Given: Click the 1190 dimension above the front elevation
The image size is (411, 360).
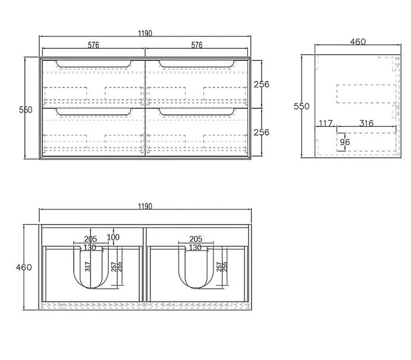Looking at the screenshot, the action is tap(145, 33).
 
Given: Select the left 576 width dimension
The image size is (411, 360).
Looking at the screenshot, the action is tap(93, 45).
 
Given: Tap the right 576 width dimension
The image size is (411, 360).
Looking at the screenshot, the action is tap(197, 45).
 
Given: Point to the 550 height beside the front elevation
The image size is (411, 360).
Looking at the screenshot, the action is tap(26, 109).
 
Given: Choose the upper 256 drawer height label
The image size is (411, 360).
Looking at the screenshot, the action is tap(261, 84).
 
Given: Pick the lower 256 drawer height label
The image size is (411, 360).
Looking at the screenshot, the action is tap(261, 132).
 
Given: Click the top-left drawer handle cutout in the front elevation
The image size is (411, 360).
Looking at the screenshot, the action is tap(93, 64).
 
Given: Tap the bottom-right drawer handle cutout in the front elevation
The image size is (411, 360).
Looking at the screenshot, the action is tap(197, 112).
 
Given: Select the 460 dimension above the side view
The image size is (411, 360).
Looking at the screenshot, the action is tap(358, 42).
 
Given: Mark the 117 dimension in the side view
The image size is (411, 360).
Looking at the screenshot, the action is tap(325, 123).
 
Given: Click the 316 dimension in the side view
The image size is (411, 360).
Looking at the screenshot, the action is tap(366, 123).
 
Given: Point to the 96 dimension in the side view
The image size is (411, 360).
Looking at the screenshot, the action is tap(345, 142).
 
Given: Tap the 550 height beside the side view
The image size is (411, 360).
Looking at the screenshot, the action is tap(302, 106).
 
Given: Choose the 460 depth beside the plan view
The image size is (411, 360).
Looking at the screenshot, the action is tap(24, 267).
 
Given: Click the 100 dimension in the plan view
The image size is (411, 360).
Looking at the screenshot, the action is tap(113, 237).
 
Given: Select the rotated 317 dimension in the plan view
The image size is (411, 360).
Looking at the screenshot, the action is tap(87, 267).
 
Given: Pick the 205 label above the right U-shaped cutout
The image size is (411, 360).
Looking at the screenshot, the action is tap(196, 239).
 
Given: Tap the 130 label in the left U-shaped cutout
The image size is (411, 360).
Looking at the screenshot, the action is tap(90, 248).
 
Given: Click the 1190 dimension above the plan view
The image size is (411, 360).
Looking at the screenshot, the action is tap(145, 206).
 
